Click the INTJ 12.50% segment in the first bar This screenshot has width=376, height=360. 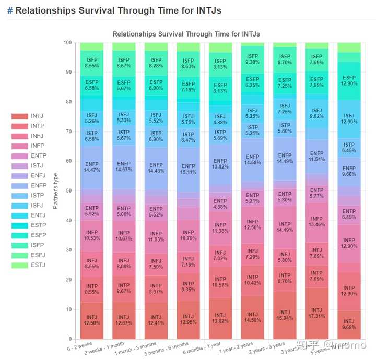(x=91, y=320)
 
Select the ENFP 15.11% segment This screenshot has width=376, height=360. (x=188, y=170)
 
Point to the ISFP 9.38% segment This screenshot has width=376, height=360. (x=252, y=59)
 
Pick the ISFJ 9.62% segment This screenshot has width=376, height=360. (x=316, y=114)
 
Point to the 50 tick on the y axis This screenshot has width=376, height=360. (x=67, y=191)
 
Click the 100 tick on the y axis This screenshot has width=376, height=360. (x=66, y=43)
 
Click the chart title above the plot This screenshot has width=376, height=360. (x=186, y=34)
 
